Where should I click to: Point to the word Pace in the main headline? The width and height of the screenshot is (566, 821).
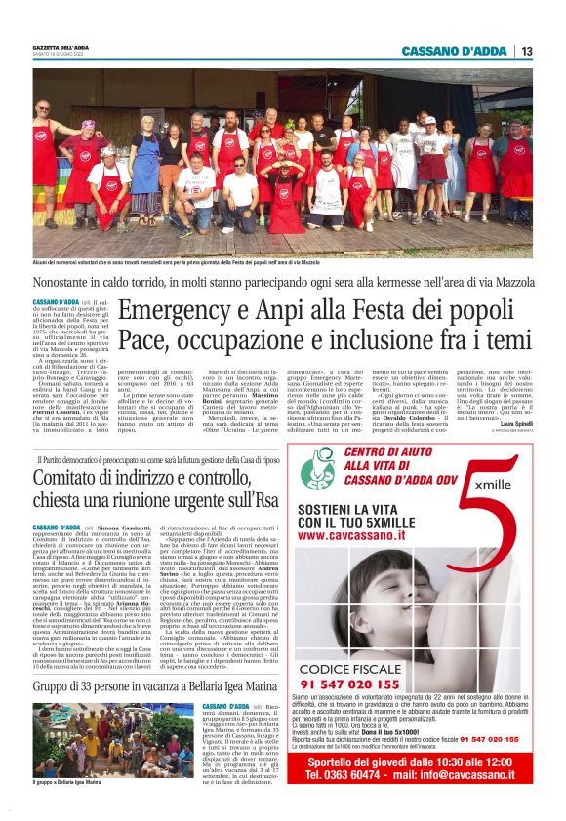point(145,342)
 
